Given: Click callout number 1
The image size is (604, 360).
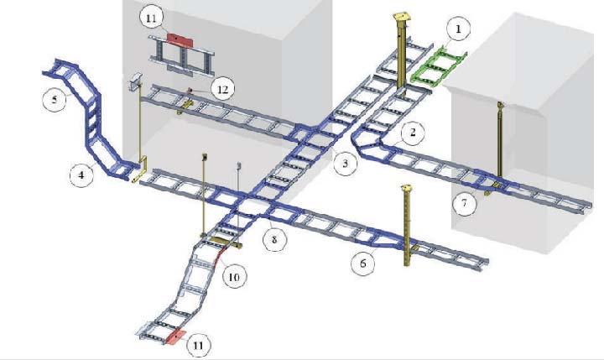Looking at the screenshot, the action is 458,29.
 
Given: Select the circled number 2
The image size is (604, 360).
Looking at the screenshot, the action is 413,133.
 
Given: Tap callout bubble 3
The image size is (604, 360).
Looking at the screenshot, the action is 345,163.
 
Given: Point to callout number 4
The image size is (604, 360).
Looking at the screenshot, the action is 81,175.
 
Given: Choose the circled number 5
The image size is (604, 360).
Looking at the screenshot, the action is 55,100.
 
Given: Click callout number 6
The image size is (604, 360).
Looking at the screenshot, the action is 363,263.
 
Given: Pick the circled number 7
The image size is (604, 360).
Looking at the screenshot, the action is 464,202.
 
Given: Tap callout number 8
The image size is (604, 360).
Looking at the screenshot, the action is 274,239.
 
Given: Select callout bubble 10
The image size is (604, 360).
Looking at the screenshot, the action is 234,277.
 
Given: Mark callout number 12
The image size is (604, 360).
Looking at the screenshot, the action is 222,90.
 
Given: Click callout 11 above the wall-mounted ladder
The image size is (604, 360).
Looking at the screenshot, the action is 151,18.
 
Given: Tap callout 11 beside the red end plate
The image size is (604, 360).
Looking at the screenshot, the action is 198,344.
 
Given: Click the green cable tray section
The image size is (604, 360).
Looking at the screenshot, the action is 439,65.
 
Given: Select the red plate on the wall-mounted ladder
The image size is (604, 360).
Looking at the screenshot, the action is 180,39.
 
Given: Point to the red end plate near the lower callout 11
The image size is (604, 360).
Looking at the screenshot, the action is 175,337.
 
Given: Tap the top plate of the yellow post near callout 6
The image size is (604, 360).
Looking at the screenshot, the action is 406,188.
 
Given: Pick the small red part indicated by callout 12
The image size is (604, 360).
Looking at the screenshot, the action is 189,91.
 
